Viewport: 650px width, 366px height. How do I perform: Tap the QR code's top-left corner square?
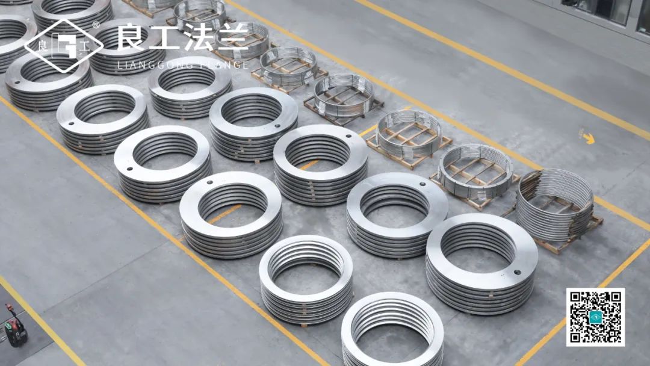[576, 297]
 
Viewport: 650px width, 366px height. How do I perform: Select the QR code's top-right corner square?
[615, 297]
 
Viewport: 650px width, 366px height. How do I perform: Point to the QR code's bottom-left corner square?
[576, 337]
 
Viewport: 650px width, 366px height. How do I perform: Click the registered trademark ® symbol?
[96, 25]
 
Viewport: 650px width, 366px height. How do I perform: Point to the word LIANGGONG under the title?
[155, 65]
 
